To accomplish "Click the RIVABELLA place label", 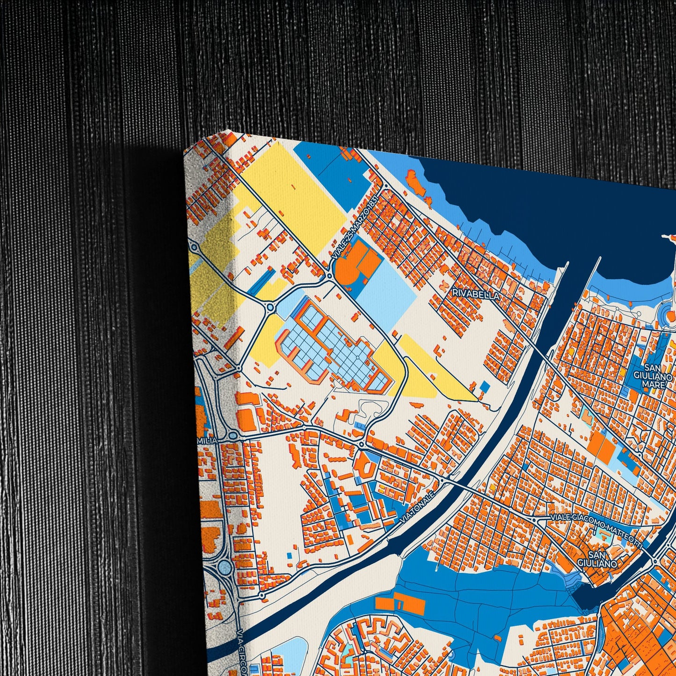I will [x=476, y=294].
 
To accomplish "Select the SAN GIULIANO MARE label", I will [x=653, y=376].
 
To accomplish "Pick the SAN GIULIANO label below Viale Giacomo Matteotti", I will [x=602, y=560].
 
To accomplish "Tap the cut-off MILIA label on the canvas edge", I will [x=208, y=441].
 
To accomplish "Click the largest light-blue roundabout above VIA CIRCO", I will [x=225, y=568].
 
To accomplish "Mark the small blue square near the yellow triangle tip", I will [x=485, y=386].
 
